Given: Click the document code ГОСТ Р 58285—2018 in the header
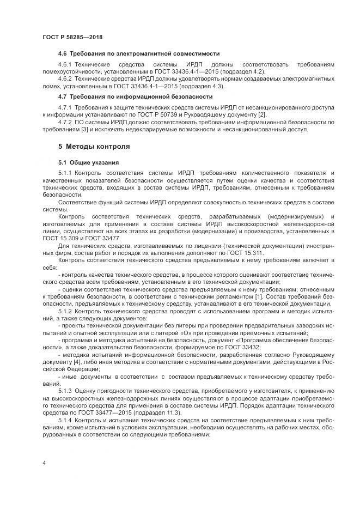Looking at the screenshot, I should (x=72, y=37).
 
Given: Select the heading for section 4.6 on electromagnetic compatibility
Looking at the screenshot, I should (x=139, y=54).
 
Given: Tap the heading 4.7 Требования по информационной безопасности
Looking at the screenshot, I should (x=135, y=96).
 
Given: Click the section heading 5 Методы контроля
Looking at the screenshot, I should (x=94, y=147).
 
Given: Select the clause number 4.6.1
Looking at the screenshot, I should (x=66, y=65).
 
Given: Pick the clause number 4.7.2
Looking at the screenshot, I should (x=66, y=123).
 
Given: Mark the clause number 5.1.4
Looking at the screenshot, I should (x=66, y=421).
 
